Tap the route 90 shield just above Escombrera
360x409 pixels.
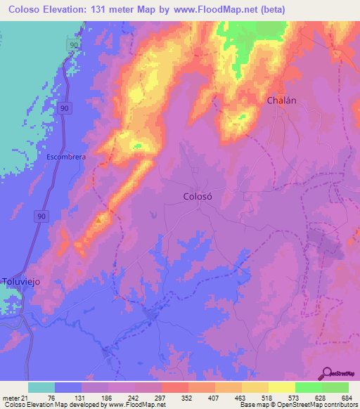click(65, 109)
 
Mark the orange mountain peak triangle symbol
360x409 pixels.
click(98, 219)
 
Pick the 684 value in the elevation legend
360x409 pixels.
click(347, 397)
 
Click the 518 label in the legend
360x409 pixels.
click(268, 397)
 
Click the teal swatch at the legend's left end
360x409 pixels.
click(41, 387)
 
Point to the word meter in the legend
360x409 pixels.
click(8, 397)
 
